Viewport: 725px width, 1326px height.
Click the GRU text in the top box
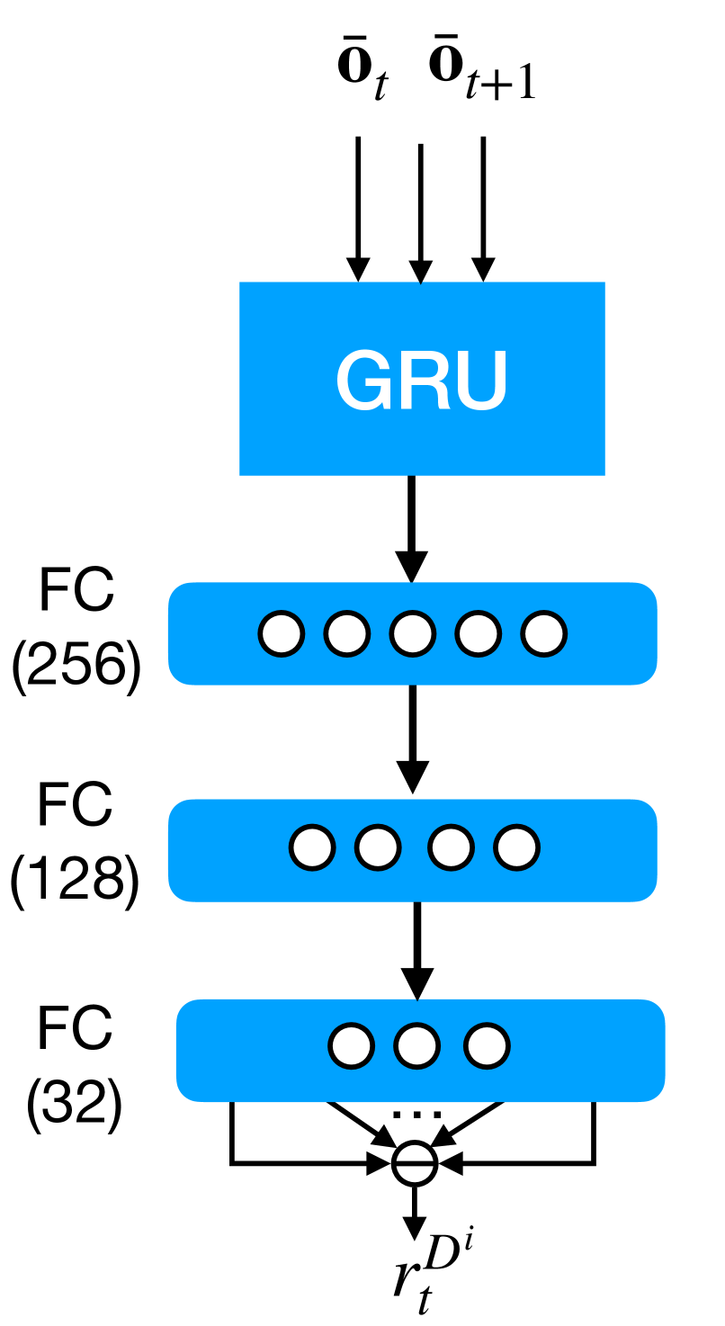(422, 380)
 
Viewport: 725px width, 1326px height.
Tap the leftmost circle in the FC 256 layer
(282, 633)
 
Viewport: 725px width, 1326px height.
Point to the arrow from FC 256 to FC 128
(412, 738)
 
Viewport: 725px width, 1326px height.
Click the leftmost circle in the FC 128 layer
(312, 847)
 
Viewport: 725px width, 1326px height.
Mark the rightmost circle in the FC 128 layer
(516, 847)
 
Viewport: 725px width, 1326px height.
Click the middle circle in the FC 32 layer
(416, 1046)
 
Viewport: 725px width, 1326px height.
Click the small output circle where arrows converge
(415, 1164)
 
